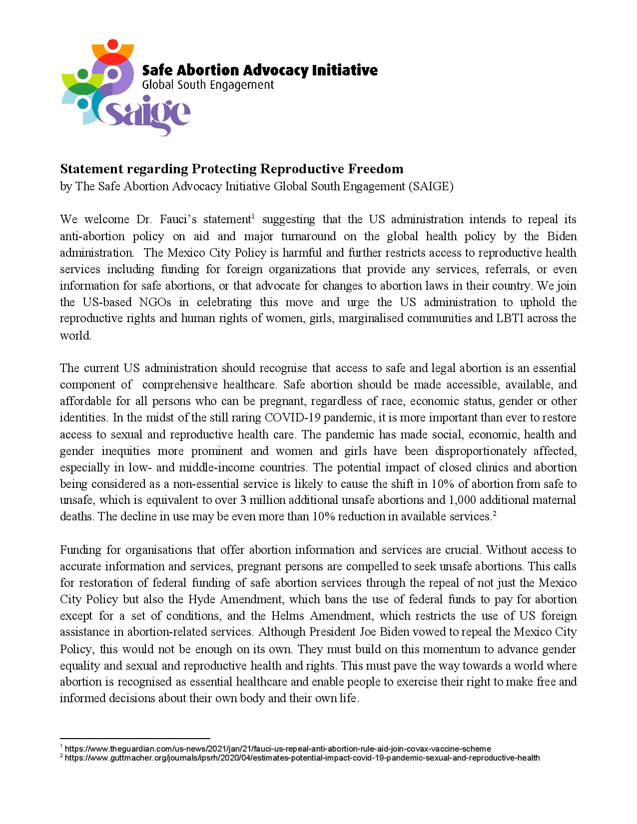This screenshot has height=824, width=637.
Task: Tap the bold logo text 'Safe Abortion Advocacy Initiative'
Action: click(260, 70)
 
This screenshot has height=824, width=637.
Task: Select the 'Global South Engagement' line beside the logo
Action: click(208, 85)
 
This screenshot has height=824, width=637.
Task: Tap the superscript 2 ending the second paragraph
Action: click(494, 513)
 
